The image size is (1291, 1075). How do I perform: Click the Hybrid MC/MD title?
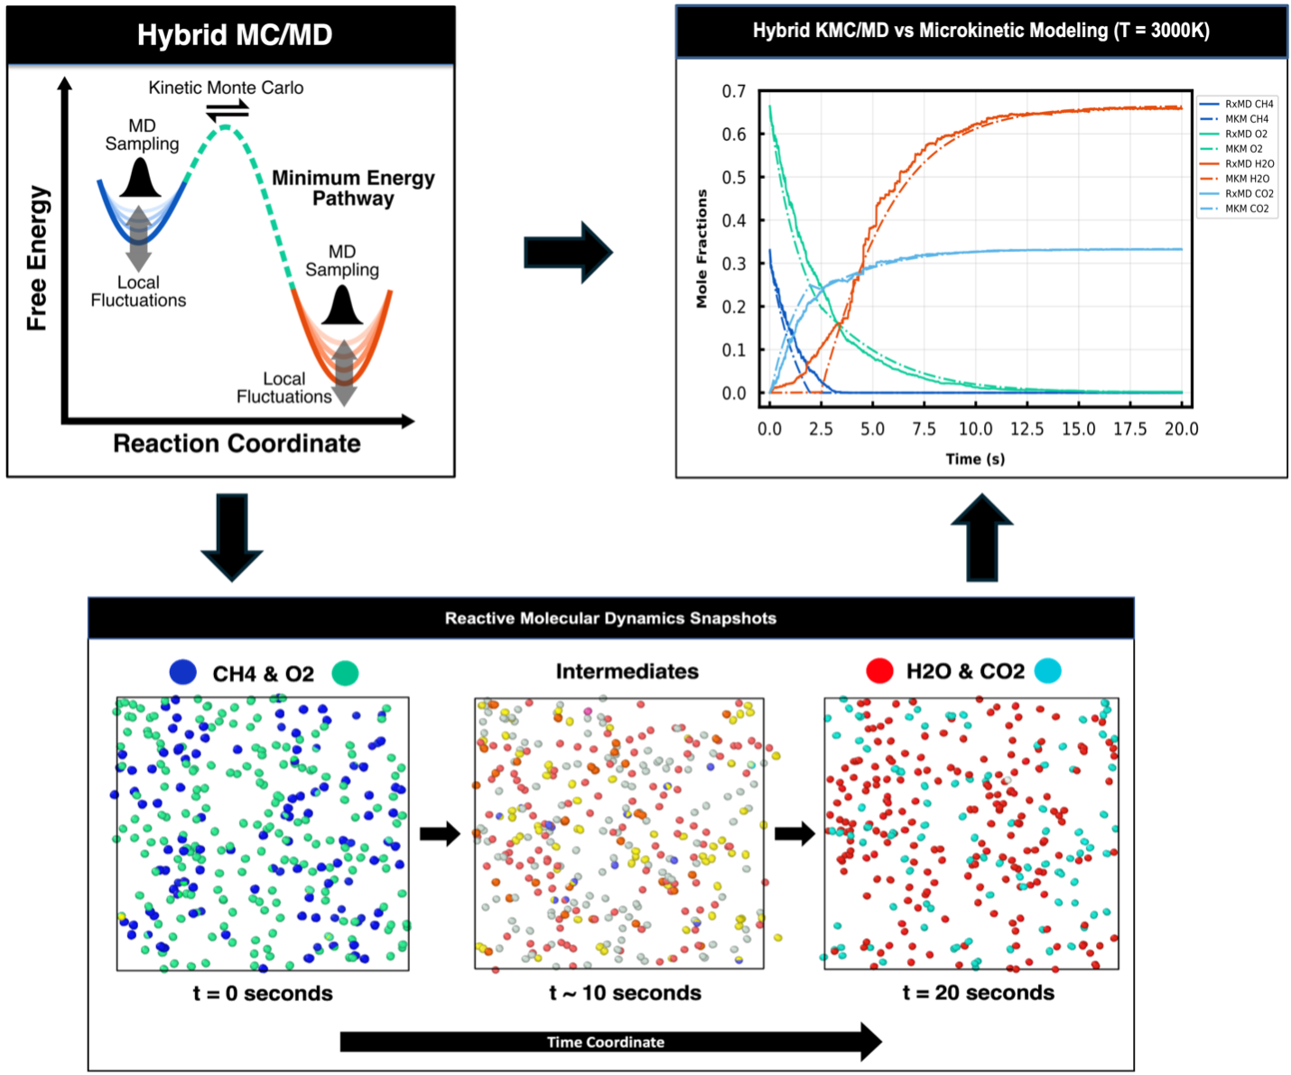(x=235, y=35)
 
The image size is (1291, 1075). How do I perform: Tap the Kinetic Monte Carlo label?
(x=226, y=88)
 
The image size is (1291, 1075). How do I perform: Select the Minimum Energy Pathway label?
(x=353, y=188)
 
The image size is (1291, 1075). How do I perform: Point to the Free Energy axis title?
(x=37, y=258)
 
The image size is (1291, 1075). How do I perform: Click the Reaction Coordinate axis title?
(x=237, y=443)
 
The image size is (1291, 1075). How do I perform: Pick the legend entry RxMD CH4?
(x=1249, y=104)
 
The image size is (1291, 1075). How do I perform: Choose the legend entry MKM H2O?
(x=1247, y=179)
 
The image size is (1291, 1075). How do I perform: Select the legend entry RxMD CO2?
(x=1249, y=193)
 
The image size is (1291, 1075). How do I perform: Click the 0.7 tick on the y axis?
(x=734, y=91)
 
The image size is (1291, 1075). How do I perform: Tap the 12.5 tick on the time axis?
(x=1026, y=429)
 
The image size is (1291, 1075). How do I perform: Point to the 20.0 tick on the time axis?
(x=1181, y=429)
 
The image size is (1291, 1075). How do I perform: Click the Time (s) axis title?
(x=975, y=459)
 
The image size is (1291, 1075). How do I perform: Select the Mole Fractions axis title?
(x=701, y=248)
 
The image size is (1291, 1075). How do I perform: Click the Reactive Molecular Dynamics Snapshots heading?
(x=610, y=618)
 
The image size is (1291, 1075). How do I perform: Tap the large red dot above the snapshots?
(x=880, y=671)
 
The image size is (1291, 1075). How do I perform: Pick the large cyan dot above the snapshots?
(x=1048, y=671)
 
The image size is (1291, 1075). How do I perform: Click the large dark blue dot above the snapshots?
(x=182, y=672)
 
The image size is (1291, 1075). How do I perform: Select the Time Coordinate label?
(x=605, y=1042)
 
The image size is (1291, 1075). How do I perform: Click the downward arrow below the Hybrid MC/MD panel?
(x=231, y=536)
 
